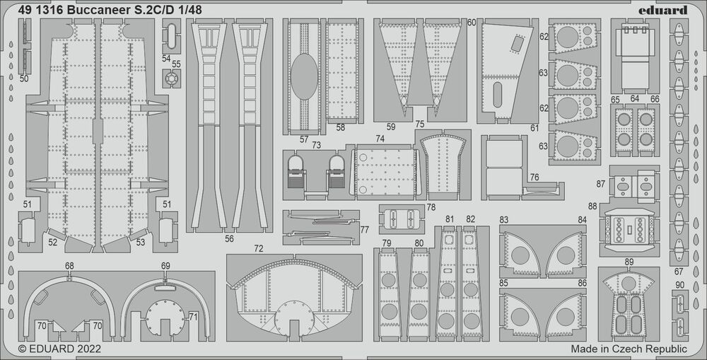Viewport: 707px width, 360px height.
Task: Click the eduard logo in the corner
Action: (667, 10)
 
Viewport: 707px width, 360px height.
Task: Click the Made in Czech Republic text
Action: (629, 349)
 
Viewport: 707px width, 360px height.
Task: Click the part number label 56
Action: (229, 239)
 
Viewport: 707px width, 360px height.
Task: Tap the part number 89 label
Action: (629, 262)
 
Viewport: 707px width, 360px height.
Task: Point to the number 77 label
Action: (364, 229)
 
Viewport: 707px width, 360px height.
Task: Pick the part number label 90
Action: (679, 285)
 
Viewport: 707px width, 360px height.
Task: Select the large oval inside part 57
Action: (304, 77)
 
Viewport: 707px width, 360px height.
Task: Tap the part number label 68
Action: (69, 266)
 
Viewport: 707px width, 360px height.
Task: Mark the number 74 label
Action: (380, 139)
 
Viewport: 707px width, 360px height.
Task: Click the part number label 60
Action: (472, 23)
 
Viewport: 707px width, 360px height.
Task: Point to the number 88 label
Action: (592, 206)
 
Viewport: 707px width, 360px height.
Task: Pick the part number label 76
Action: (534, 177)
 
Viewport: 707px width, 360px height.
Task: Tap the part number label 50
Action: (24, 79)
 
